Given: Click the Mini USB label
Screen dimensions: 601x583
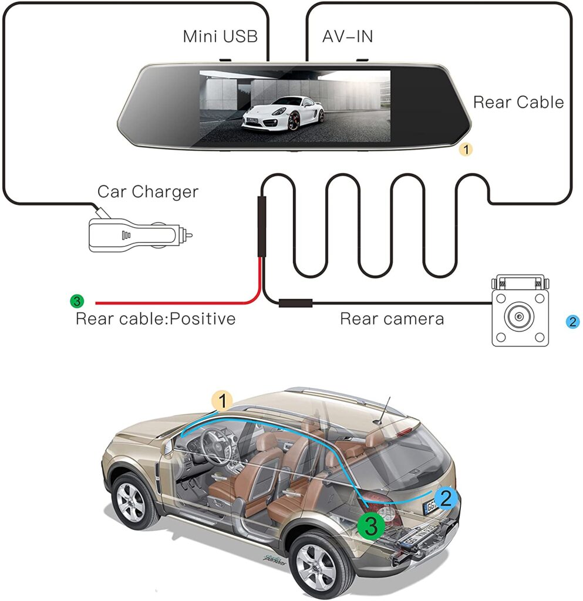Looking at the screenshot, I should (220, 36).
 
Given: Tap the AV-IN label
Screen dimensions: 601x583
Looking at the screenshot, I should (348, 36).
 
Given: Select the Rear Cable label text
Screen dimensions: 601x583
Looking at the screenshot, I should (518, 102).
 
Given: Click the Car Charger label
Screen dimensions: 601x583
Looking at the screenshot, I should (148, 191).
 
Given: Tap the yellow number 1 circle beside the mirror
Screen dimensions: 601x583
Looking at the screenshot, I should (466, 150).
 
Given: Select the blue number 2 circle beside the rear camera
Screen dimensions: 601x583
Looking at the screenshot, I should (573, 322).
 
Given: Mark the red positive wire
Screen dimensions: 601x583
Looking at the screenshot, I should (176, 303).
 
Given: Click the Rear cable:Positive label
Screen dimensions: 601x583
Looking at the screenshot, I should (156, 319).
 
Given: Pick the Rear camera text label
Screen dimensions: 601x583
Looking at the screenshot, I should (392, 319).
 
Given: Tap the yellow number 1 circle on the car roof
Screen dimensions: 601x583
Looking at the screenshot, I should (223, 402).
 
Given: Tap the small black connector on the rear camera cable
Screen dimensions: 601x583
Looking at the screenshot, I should (295, 303).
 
